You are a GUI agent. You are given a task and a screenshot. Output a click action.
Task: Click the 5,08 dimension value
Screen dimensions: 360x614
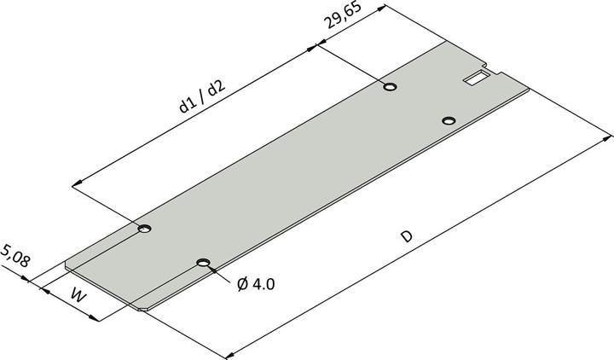point(16,256)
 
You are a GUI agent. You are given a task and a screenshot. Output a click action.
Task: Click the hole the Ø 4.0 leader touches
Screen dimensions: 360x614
point(203,263)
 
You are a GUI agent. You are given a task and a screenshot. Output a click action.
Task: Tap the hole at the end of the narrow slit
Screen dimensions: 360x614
point(145,229)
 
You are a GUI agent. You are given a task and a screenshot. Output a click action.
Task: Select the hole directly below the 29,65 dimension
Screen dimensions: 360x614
point(390,86)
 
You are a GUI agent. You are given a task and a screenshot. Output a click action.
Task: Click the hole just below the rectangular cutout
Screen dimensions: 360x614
point(450,120)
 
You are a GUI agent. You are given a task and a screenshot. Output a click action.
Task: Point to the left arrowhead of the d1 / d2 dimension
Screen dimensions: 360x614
point(77,182)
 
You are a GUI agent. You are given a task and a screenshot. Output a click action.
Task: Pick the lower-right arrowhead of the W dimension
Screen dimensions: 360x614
point(96,319)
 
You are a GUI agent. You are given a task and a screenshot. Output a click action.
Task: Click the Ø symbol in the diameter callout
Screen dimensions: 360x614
point(241,282)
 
